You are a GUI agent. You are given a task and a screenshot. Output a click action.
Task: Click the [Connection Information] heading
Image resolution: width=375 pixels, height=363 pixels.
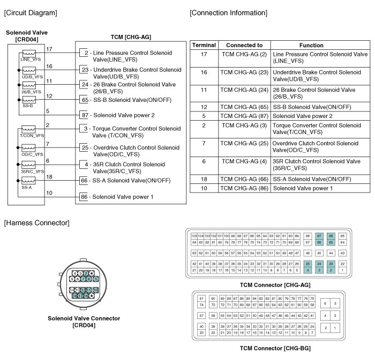pyautogui.click(x=228, y=12)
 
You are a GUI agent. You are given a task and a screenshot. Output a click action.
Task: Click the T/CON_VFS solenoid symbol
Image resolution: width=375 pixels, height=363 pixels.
pyautogui.click(x=28, y=129)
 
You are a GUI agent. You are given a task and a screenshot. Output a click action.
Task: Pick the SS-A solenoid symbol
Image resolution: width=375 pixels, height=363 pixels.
pyautogui.click(x=28, y=182)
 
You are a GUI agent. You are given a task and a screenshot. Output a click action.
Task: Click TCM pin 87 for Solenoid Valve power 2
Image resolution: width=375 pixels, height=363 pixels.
pyautogui.click(x=85, y=115)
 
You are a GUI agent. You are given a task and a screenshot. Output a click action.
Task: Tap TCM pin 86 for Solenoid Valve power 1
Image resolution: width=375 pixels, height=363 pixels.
pyautogui.click(x=85, y=197)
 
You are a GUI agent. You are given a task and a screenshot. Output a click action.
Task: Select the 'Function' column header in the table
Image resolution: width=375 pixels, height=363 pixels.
pyautogui.click(x=311, y=46)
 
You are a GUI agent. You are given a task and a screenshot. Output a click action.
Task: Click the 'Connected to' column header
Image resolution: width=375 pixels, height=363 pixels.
pyautogui.click(x=244, y=46)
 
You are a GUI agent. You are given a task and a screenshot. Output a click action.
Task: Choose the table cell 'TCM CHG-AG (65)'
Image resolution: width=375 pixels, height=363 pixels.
pyautogui.click(x=244, y=107)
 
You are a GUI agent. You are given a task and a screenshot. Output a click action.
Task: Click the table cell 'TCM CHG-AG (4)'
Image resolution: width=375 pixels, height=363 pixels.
pyautogui.click(x=244, y=161)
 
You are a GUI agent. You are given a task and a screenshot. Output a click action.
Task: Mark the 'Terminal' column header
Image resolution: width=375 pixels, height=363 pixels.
pyautogui.click(x=204, y=46)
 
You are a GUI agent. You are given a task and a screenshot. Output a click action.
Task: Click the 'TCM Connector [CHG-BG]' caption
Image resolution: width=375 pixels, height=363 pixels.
pyautogui.click(x=274, y=347)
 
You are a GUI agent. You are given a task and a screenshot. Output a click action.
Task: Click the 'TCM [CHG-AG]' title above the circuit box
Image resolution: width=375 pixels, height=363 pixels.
pyautogui.click(x=131, y=36)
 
